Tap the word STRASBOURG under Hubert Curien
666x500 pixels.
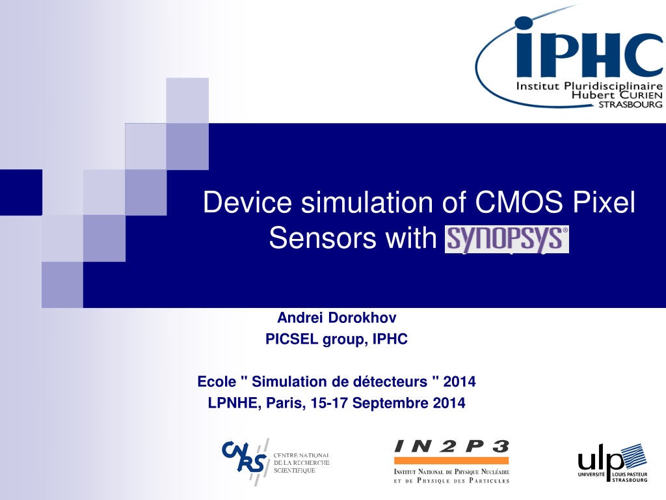(x=630, y=105)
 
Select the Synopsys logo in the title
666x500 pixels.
(x=507, y=239)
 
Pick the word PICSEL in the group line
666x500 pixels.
(x=292, y=339)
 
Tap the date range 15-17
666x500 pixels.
(x=329, y=403)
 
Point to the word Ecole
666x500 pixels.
(x=217, y=382)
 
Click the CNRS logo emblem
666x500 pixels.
(x=245, y=459)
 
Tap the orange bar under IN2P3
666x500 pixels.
(x=451, y=460)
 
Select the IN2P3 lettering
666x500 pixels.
(x=451, y=447)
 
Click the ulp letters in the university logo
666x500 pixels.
(x=600, y=460)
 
